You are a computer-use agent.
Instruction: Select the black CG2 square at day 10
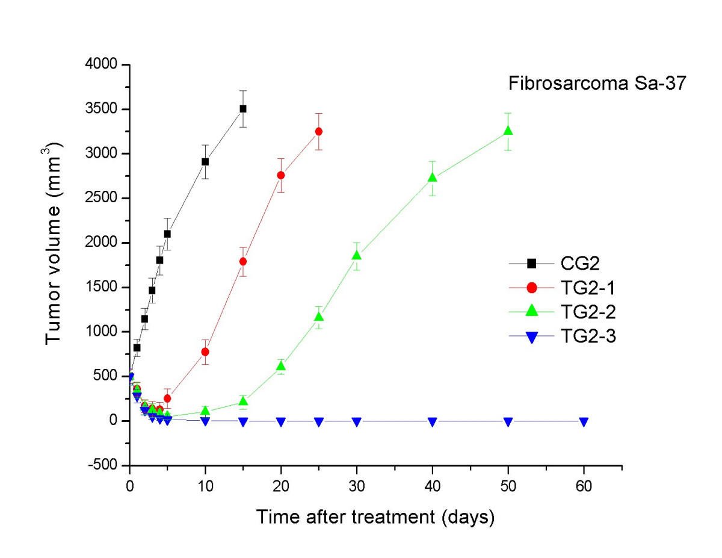click(205, 161)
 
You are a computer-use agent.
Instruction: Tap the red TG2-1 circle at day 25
click(319, 131)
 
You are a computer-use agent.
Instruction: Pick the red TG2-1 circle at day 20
click(281, 175)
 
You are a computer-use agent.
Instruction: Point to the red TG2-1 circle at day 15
click(243, 261)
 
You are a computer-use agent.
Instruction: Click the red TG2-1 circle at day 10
click(205, 352)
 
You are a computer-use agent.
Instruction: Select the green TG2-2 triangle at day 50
click(508, 131)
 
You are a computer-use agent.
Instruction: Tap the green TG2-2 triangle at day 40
click(433, 177)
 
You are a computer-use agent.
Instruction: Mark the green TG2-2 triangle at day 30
click(357, 255)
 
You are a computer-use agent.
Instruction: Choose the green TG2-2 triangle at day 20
click(281, 366)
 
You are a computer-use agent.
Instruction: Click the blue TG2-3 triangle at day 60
click(584, 422)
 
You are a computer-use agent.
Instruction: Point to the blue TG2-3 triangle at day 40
click(433, 422)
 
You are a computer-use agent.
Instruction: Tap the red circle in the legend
click(531, 288)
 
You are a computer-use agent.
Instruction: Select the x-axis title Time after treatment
click(376, 516)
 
